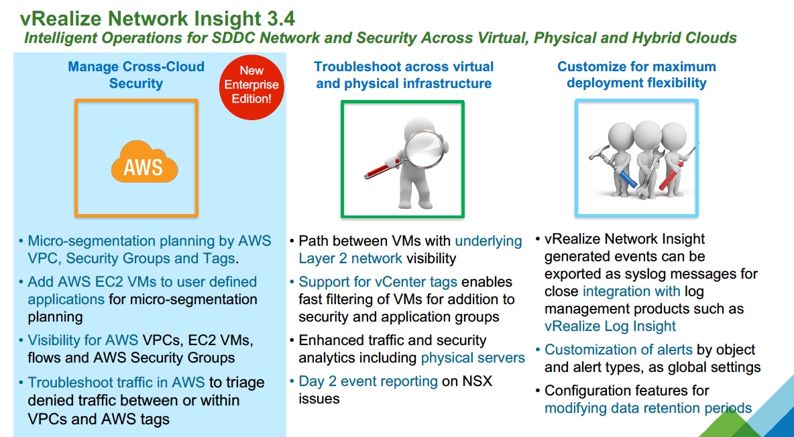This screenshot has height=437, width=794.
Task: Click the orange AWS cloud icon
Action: (143, 163)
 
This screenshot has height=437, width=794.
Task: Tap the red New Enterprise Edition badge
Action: (251, 85)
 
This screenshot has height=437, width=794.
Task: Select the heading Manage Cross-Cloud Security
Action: (136, 75)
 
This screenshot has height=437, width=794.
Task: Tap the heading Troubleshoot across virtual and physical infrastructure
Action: (404, 75)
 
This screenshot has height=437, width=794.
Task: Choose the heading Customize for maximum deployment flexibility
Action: (636, 75)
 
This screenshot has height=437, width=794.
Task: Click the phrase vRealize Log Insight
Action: (610, 326)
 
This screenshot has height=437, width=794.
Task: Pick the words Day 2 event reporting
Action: (368, 381)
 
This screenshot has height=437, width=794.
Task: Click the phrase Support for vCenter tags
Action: (378, 282)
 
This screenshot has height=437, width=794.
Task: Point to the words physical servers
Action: (473, 358)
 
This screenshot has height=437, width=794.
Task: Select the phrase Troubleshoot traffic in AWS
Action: (117, 383)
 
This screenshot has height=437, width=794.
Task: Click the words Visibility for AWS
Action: (83, 340)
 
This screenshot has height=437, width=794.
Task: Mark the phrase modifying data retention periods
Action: (648, 408)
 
